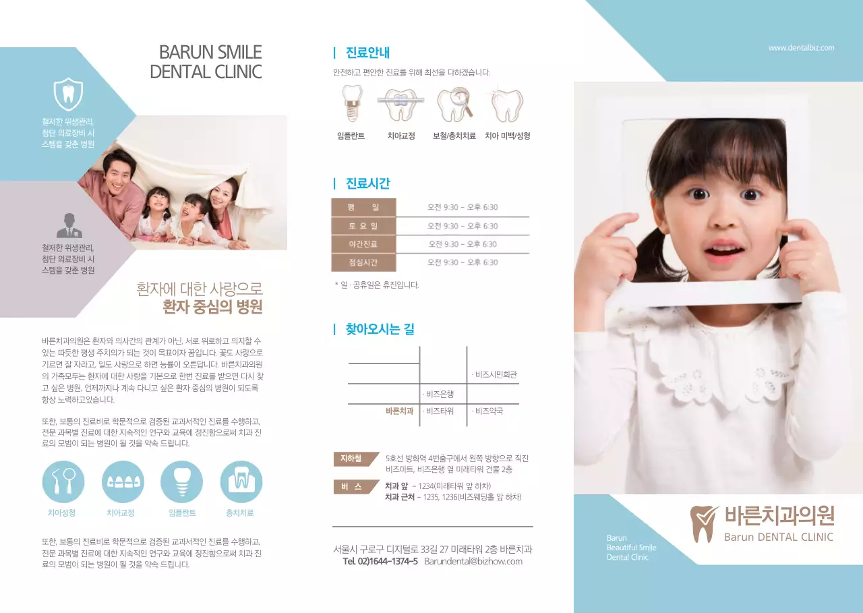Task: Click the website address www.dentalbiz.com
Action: click(801, 48)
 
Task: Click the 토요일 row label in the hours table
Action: click(363, 226)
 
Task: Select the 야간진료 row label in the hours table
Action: click(363, 244)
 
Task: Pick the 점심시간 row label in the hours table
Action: click(363, 262)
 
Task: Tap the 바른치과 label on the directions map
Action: click(399, 411)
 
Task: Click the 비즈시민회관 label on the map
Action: click(496, 374)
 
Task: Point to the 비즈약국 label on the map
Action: click(488, 411)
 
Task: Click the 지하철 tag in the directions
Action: click(351, 459)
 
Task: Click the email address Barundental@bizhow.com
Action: click(473, 561)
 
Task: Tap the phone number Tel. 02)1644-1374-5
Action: click(380, 561)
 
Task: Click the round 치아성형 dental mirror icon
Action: click(63, 481)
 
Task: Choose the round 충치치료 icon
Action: click(241, 481)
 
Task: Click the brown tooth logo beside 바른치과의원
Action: click(704, 523)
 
